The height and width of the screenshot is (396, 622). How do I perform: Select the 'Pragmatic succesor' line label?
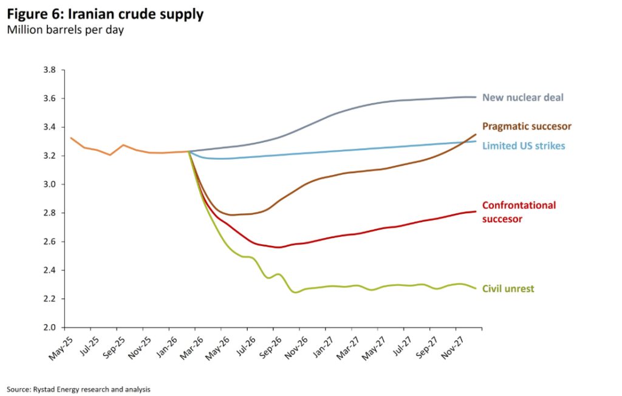(527, 126)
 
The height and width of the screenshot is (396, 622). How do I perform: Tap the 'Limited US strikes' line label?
(524, 146)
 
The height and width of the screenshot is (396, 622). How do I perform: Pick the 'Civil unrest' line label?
(508, 289)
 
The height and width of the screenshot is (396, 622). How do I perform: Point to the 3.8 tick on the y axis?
(50, 70)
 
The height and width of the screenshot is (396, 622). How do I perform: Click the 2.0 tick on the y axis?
(50, 327)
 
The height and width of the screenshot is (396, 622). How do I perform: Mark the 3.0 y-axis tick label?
(50, 184)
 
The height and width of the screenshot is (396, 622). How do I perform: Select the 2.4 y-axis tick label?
(50, 270)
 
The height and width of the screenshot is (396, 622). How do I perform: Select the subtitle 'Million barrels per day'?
(66, 30)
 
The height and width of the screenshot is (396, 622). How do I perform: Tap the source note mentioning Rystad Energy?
(78, 389)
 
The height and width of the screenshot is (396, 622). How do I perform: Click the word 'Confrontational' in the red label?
(519, 205)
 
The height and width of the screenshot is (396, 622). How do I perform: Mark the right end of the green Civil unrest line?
(476, 288)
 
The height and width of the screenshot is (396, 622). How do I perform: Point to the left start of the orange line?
(71, 138)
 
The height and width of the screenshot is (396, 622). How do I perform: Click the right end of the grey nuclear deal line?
(476, 97)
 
